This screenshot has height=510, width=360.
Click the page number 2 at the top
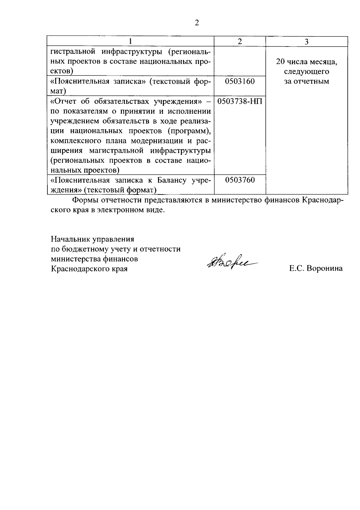[x=197, y=23]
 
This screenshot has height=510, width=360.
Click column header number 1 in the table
[x=130, y=42]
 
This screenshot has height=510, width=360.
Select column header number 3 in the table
[x=307, y=42]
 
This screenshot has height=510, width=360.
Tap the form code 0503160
[x=240, y=81]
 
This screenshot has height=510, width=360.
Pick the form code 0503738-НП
[x=240, y=101]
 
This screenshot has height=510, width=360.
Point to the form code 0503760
[x=240, y=180]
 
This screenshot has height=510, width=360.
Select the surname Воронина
[x=325, y=269]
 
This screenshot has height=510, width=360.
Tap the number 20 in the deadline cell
[x=280, y=62]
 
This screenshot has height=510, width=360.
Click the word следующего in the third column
[x=307, y=72]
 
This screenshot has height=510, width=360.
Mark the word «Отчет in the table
[x=63, y=101]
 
